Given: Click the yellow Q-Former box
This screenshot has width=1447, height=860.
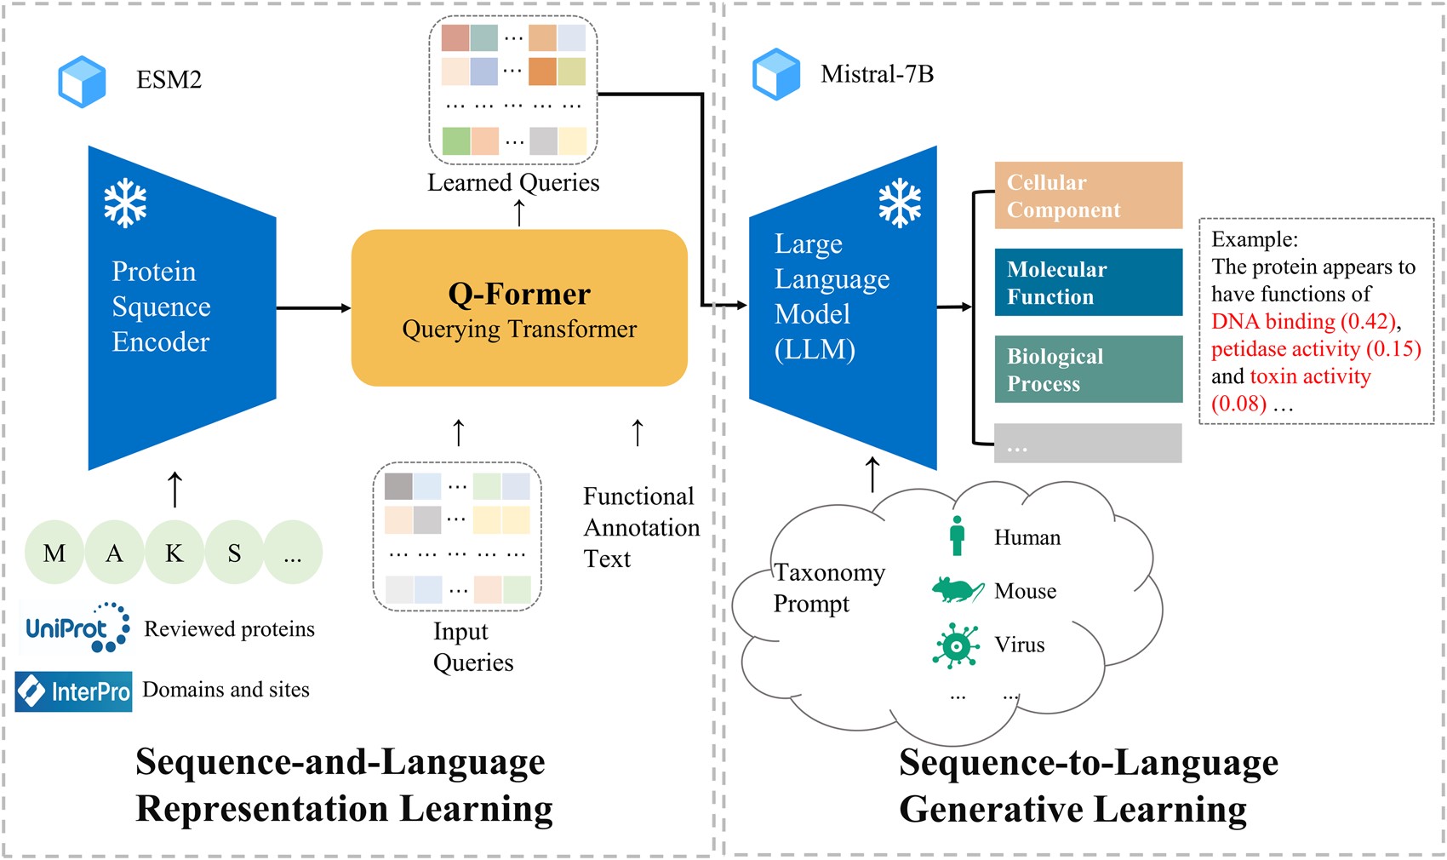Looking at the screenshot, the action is [x=518, y=308].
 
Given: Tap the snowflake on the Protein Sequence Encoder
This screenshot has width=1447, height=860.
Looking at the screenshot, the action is [x=125, y=203].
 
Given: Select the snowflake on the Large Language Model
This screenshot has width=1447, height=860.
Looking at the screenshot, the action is [x=900, y=203].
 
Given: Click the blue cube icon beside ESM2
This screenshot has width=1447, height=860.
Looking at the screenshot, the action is [x=82, y=82].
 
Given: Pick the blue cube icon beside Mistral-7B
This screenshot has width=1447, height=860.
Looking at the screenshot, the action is [x=776, y=74].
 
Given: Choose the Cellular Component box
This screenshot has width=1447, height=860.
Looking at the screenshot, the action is [x=1089, y=195].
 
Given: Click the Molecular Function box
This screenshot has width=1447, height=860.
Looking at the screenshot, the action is [x=1089, y=283].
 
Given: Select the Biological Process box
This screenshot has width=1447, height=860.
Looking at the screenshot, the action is [x=1089, y=369].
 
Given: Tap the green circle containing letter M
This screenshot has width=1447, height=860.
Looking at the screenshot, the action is [x=54, y=553].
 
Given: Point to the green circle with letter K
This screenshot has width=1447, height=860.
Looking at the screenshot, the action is [x=174, y=553].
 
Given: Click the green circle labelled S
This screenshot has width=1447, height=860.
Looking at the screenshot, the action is [x=234, y=553].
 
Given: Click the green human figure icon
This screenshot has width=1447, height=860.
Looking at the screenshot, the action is [x=958, y=536].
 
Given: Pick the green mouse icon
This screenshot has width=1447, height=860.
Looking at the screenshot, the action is [x=958, y=590].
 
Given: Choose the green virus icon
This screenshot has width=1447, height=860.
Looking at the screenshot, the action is [x=956, y=645].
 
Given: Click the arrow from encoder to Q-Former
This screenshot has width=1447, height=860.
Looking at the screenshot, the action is [x=314, y=308].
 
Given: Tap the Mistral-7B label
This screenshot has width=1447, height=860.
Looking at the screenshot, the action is [x=878, y=74].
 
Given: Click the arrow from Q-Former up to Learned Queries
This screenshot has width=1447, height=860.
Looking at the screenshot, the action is [x=518, y=213].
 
